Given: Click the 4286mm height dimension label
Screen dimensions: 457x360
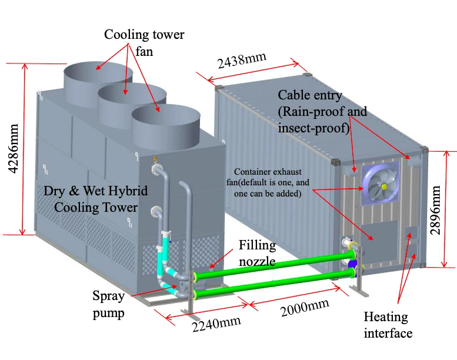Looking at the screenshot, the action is (14, 149).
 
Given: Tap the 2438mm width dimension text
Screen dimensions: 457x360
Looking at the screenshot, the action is (242, 61).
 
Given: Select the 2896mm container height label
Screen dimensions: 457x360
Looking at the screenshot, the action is (435, 210).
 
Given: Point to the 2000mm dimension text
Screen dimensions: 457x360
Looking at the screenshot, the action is (305, 307).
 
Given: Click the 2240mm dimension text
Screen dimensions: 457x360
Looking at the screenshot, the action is (216, 324).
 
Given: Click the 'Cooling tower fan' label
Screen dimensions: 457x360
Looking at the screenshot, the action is (144, 43).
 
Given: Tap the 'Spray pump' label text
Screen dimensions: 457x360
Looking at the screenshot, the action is (109, 304).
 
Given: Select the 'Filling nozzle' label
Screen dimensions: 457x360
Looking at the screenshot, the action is (257, 253).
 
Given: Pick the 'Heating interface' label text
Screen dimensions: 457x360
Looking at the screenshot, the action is (388, 325).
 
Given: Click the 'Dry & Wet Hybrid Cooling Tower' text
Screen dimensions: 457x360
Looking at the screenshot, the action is (96, 199).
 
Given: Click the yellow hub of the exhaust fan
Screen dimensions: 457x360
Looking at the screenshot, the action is (384, 186).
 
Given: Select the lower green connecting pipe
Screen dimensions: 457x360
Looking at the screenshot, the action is (274, 284).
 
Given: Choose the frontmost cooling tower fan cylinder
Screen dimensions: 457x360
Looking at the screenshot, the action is (166, 128).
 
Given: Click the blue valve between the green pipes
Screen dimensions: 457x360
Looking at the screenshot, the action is (352, 264).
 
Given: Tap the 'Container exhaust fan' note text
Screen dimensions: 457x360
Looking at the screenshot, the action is (268, 182).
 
